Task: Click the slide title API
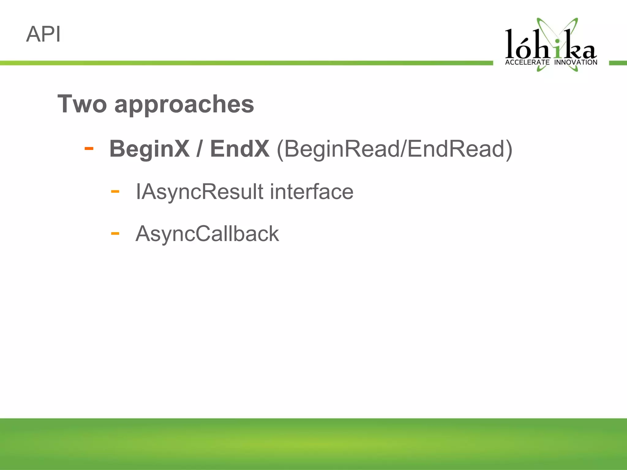pyautogui.click(x=43, y=34)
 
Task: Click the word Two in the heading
pyautogui.click(x=82, y=104)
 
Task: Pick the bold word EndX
pyautogui.click(x=240, y=149)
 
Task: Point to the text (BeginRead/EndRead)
pyautogui.click(x=394, y=149)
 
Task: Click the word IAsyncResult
pyautogui.click(x=199, y=192)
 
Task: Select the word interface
pyautogui.click(x=311, y=192)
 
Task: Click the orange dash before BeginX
pyautogui.click(x=89, y=149)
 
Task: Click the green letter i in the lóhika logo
pyautogui.click(x=558, y=49)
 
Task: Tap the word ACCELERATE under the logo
pyautogui.click(x=527, y=62)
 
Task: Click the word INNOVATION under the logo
pyautogui.click(x=576, y=62)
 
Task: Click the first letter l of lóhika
pyautogui.click(x=510, y=44)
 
